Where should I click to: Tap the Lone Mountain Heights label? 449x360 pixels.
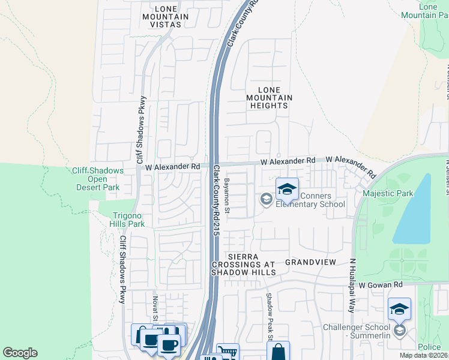tap(270, 97)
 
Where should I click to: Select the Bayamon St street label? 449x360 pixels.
tap(228, 196)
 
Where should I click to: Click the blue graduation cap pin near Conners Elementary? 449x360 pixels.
tap(288, 190)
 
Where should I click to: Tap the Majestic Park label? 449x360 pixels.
tap(388, 193)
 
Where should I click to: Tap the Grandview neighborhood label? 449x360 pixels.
tap(309, 263)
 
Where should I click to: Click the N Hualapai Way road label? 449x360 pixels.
tap(353, 286)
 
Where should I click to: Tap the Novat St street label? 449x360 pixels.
tap(155, 307)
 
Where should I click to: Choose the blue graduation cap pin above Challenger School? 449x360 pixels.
tap(399, 310)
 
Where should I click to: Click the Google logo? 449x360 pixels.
tap(20, 353)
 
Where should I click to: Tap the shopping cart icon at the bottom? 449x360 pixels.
tap(227, 352)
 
